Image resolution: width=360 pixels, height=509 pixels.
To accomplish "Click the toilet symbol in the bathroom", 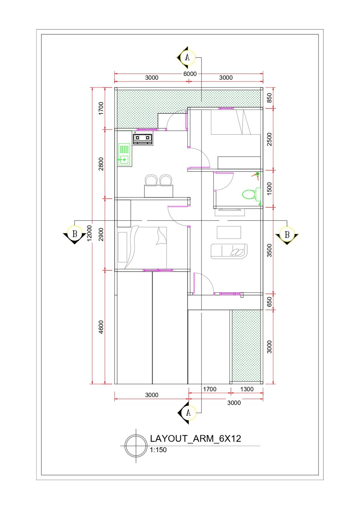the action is pos(251,194).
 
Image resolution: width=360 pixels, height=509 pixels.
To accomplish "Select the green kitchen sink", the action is pos(124,155).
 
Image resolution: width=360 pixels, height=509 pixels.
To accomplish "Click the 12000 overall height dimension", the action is pos(89,233).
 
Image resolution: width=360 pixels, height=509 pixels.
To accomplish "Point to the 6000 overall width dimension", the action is pos(190,74).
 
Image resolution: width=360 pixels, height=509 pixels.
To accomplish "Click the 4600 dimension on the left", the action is pos(101,327).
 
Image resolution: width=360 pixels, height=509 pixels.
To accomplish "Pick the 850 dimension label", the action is pos(269,98).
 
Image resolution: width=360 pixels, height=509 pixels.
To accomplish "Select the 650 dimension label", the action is pos(269,301).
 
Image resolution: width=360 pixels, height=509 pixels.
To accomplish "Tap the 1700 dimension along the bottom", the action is pos(210,389).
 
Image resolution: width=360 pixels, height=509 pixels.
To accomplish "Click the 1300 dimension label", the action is pos(247,389).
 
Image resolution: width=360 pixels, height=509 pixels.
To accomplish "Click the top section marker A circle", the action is pos(187,57).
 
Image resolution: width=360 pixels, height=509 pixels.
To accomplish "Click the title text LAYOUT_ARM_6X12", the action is pos(195,438).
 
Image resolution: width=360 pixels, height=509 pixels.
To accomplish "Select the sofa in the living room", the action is pos(229,251).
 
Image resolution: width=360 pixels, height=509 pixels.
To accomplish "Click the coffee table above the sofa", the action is pos(229,232).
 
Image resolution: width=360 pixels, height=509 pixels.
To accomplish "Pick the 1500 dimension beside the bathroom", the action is pos(269,189).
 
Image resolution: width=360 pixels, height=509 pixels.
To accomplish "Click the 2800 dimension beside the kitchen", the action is pos(101,164).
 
